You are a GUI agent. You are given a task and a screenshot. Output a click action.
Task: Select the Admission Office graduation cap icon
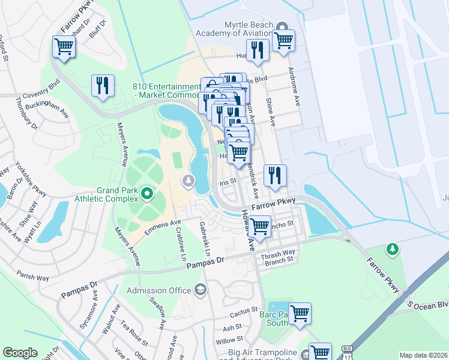tap(200, 291)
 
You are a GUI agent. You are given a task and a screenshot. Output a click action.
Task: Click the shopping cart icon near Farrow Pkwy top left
tap(64, 46)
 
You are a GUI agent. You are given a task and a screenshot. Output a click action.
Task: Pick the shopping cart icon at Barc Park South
tap(299, 313)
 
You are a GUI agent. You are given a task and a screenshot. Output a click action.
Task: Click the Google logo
tap(20, 353)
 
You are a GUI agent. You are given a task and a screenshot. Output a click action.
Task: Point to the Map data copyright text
tap(423, 355)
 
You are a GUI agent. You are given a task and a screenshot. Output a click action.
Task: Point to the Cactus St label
tap(243, 315)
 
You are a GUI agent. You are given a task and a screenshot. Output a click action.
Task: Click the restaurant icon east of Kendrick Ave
tap(275, 175)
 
